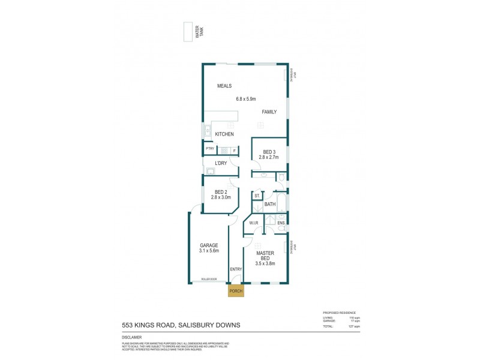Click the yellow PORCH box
pos(236,291)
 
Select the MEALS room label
pos(224,86)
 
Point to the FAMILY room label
pos(268,112)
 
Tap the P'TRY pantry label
pos(209,149)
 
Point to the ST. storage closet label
pos(257,196)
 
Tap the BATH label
pos(270,205)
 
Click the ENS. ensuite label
pos(281,223)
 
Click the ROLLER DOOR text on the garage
pos(209,279)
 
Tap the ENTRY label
pos(235,269)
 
